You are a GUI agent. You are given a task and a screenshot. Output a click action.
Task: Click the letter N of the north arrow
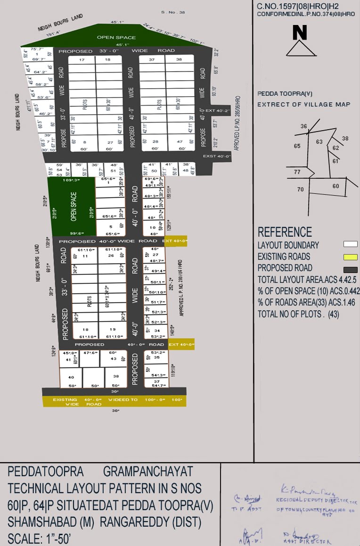click(300, 33)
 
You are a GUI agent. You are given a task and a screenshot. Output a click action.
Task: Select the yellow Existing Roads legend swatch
click(350, 257)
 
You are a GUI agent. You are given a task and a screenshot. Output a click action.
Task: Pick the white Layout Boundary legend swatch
click(350, 244)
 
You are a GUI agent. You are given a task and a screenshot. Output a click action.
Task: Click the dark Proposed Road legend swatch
click(350, 270)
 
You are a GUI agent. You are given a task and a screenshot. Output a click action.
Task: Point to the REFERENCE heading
click(285, 232)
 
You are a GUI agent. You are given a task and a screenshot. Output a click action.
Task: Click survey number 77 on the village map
click(297, 172)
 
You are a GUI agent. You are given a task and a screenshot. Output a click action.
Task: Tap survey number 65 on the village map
click(297, 146)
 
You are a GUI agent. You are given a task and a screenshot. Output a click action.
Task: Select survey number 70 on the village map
click(301, 190)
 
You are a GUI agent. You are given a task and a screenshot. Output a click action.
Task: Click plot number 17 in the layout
click(82, 60)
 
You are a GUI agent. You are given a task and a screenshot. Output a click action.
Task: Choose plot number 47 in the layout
click(179, 142)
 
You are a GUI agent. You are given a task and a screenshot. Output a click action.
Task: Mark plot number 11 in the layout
click(85, 256)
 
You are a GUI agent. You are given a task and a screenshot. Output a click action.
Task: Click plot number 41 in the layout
click(68, 360)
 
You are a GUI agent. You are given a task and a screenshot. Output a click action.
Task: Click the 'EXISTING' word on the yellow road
click(65, 400)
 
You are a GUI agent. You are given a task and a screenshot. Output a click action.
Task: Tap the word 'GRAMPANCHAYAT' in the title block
click(148, 472)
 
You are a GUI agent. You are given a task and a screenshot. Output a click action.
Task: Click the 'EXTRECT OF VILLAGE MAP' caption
click(304, 105)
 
